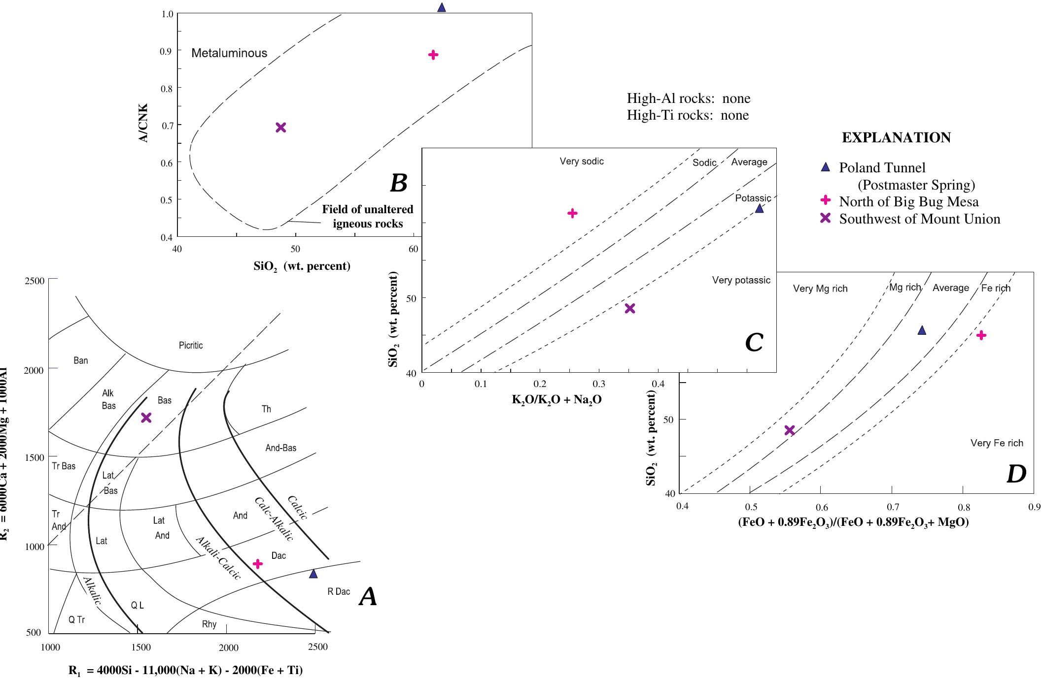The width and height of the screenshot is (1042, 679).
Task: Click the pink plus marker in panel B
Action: tap(433, 55)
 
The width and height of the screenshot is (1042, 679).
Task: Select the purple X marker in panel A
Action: tap(146, 418)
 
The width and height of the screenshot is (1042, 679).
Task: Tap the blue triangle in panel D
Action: tap(922, 330)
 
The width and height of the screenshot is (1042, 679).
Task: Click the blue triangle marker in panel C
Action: tap(759, 209)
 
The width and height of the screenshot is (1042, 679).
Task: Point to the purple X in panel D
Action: tap(789, 430)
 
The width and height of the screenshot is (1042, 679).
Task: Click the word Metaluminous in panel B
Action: tap(229, 53)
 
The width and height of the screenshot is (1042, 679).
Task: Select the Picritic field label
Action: tap(191, 346)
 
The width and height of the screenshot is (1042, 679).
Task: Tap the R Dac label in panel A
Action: tap(339, 591)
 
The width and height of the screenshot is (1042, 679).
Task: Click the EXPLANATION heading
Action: tap(896, 138)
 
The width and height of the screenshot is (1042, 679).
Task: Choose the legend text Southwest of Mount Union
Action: tap(919, 219)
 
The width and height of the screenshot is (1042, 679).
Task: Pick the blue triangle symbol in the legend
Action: tap(825, 167)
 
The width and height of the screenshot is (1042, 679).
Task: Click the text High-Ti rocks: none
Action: tap(688, 115)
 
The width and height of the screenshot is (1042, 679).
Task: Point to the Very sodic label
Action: tap(582, 162)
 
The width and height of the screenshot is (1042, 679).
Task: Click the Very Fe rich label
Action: tap(997, 443)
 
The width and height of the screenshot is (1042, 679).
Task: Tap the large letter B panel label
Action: tap(398, 184)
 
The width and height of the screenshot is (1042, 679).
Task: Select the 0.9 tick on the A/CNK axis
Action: tap(167, 51)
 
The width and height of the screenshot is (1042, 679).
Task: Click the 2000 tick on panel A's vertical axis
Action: tap(34, 370)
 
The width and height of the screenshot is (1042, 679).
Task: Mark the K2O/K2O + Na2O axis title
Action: tap(556, 399)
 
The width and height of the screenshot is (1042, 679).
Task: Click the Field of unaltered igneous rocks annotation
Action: tap(368, 217)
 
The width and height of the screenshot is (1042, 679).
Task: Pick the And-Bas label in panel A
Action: tap(280, 448)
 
